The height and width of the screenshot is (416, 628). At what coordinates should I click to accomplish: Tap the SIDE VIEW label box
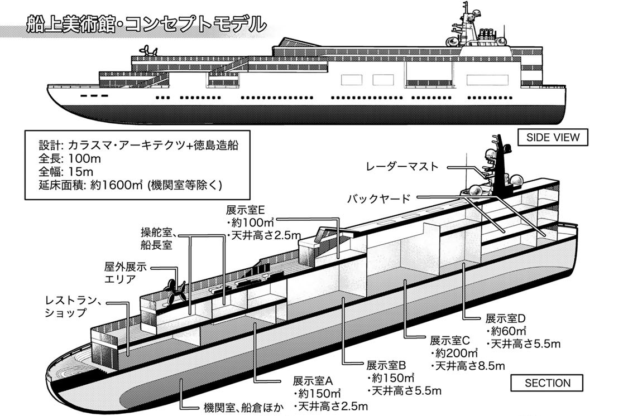pyautogui.click(x=553, y=137)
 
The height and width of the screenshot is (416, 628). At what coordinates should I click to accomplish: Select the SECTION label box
pyautogui.click(x=547, y=384)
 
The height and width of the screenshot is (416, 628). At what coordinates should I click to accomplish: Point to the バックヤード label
pyautogui.click(x=378, y=198)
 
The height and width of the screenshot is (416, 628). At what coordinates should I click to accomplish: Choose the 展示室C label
pyautogui.click(x=451, y=340)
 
